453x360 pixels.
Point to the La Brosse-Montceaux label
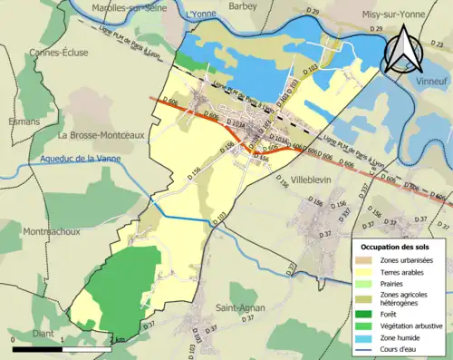click(97, 135)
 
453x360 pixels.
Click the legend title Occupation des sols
click(398, 247)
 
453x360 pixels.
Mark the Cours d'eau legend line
click(363, 347)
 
